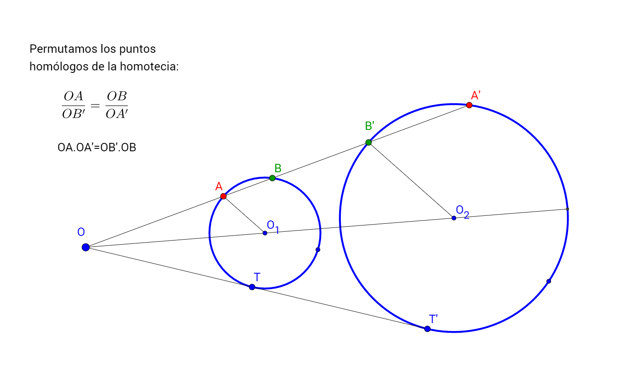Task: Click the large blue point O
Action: click(86, 247)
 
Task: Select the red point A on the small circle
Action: click(223, 196)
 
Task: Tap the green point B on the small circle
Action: click(273, 178)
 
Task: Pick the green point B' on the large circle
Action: click(369, 142)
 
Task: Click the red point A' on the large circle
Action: click(469, 105)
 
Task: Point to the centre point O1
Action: click(265, 233)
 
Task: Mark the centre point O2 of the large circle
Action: click(454, 218)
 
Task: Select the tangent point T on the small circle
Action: click(252, 287)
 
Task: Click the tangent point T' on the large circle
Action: click(427, 329)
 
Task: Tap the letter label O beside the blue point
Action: click(81, 232)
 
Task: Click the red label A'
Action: click(475, 95)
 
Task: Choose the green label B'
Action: click(369, 126)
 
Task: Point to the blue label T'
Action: click(433, 319)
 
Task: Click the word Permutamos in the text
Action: click(57, 49)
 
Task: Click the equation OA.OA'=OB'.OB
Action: click(97, 148)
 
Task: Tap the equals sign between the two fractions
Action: click(95, 105)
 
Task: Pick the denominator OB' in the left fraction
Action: click(73, 114)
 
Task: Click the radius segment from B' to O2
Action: click(411, 180)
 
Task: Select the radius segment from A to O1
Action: click(244, 215)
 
